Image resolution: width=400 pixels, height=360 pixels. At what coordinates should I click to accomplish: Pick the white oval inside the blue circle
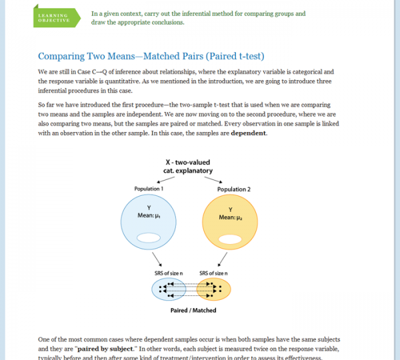(x=147, y=238)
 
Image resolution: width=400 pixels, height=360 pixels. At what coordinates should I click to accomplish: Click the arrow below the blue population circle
(x=157, y=259)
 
